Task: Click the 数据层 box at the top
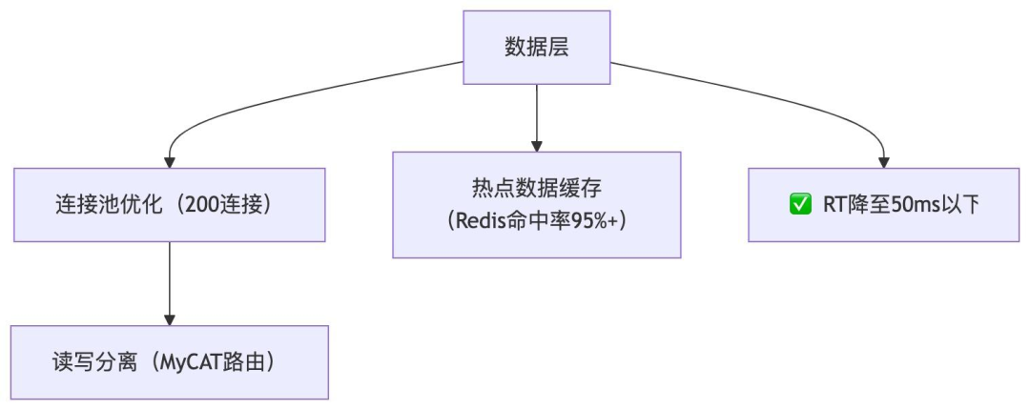(536, 48)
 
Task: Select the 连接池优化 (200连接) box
(169, 204)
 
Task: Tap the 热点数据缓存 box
(536, 204)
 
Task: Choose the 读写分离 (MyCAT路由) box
(169, 362)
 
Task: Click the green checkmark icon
(800, 204)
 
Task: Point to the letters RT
(834, 204)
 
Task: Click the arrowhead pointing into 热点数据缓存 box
(536, 145)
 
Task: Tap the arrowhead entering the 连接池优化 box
(170, 161)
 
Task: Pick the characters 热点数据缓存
(536, 187)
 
